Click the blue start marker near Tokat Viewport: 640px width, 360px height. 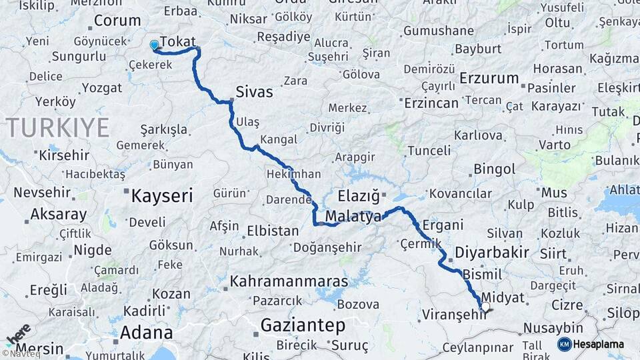click(155, 45)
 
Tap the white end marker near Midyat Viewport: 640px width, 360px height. click(485, 307)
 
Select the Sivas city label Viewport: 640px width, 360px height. click(254, 92)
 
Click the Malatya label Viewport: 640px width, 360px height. click(353, 217)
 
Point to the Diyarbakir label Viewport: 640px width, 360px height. click(492, 253)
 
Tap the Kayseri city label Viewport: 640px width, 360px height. click(162, 196)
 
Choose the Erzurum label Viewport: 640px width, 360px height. click(489, 78)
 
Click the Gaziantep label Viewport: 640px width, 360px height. click(303, 325)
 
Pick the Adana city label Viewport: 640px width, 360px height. click(146, 332)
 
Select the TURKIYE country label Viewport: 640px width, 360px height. click(58, 127)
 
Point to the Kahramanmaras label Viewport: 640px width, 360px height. click(289, 282)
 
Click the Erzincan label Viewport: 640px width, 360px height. click(433, 103)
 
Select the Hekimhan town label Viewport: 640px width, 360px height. click(293, 174)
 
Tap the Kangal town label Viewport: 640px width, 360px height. click(279, 140)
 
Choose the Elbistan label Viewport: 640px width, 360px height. click(273, 231)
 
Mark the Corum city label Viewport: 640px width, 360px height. click(117, 21)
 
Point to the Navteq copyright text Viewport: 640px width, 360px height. click(20, 354)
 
